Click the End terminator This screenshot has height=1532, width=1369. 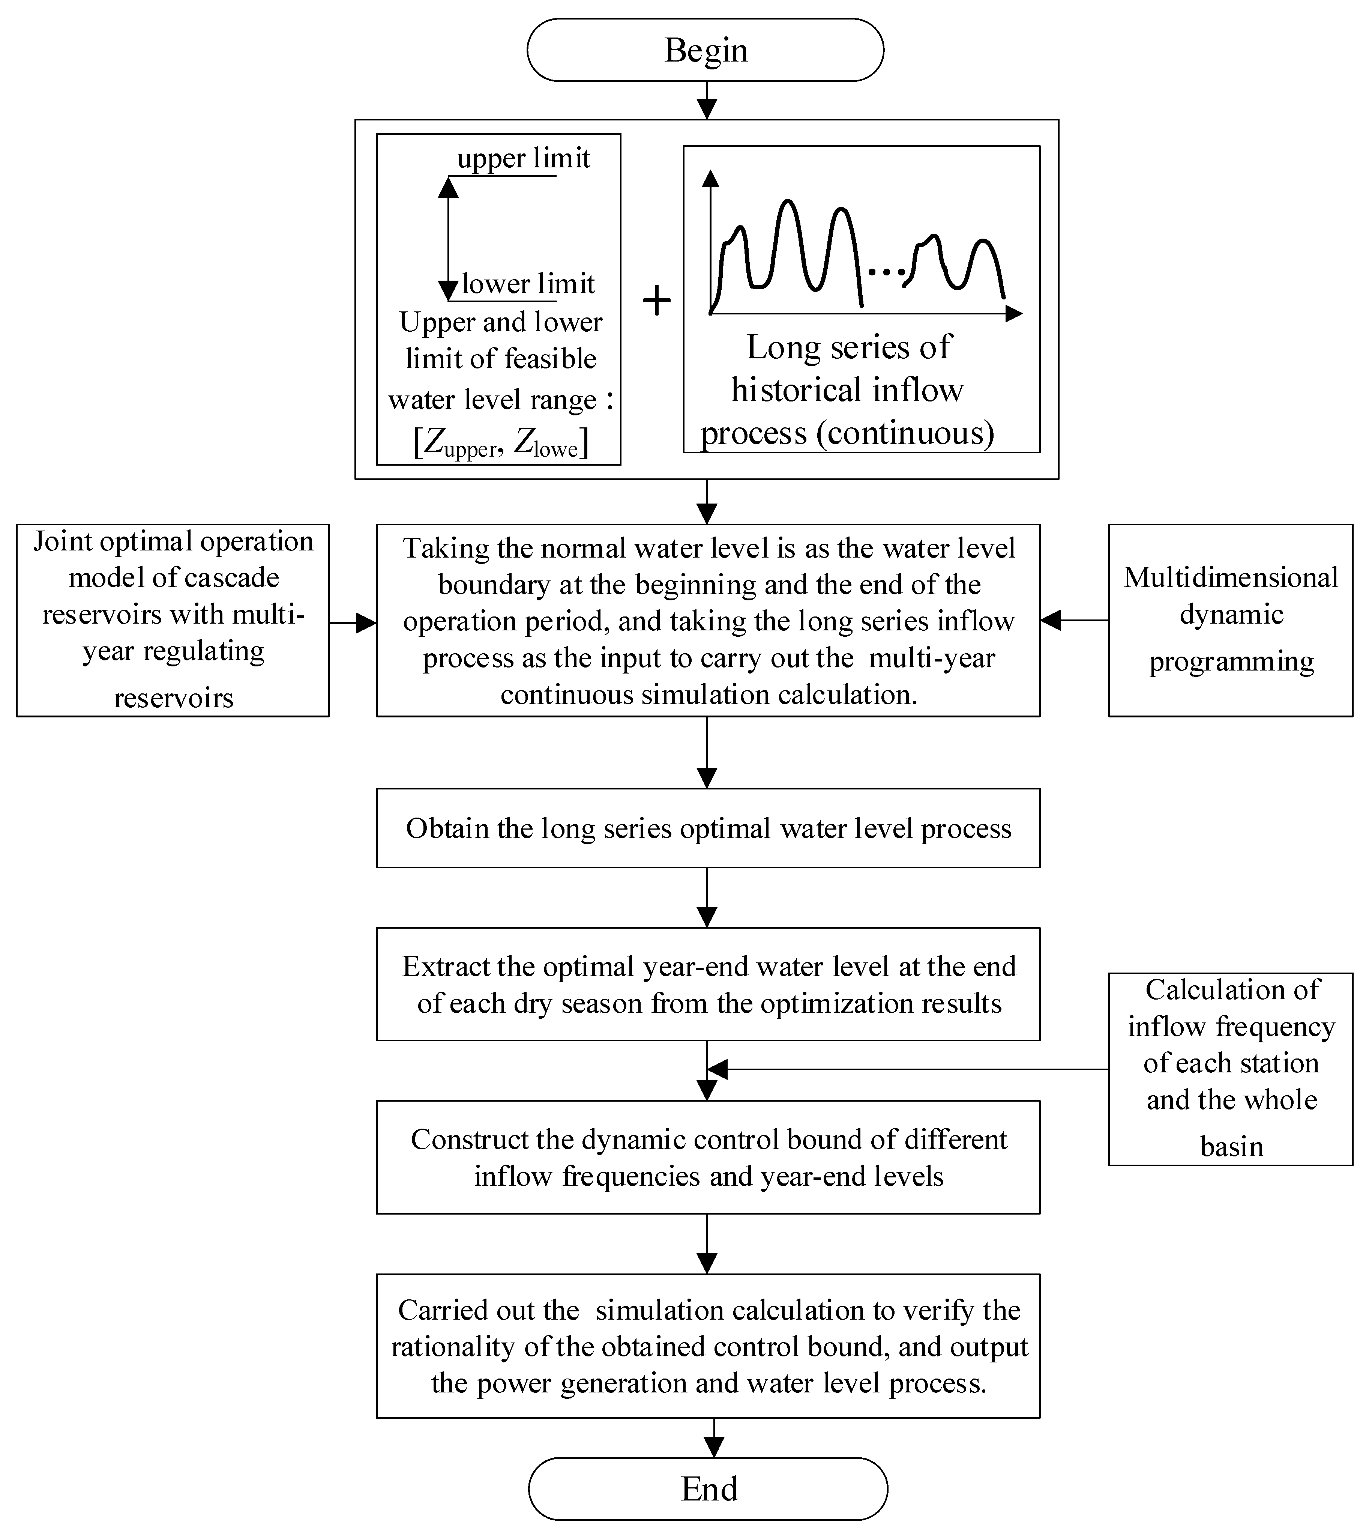pyautogui.click(x=708, y=1488)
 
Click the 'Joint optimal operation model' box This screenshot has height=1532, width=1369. pyautogui.click(x=173, y=620)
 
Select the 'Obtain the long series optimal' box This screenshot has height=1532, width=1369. pyautogui.click(x=708, y=828)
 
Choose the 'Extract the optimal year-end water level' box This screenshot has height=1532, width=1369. pyautogui.click(x=708, y=984)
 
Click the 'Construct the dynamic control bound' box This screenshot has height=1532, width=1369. pyautogui.click(x=708, y=1157)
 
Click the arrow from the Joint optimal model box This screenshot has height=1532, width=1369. pyautogui.click(x=354, y=622)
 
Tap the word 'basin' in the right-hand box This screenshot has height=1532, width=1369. pyautogui.click(x=1231, y=1146)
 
